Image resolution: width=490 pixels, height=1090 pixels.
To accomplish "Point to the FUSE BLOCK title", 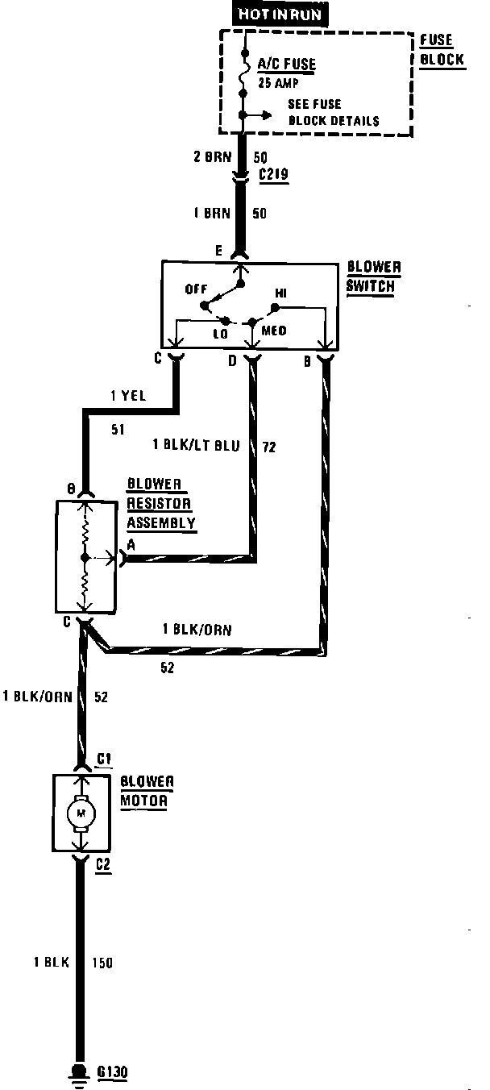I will tap(442, 50).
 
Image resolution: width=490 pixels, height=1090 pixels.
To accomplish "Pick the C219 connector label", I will tap(275, 174).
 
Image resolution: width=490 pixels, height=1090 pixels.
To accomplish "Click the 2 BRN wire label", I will tap(211, 157).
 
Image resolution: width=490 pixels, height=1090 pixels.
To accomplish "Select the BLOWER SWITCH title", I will tap(373, 277).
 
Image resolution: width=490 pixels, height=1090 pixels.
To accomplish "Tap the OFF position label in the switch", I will tap(196, 289).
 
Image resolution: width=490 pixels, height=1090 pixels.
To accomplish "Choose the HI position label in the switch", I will tap(281, 293).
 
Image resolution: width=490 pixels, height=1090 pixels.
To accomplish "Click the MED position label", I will tap(274, 331).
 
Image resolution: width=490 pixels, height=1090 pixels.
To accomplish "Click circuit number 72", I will tap(269, 445).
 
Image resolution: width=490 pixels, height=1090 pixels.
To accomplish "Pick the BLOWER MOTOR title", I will tap(147, 790).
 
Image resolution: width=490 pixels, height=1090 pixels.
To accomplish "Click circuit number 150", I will tap(102, 963).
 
